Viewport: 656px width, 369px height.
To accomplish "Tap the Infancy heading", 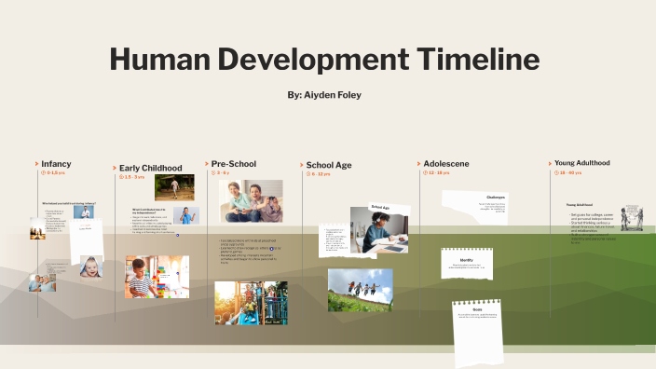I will tap(56, 164).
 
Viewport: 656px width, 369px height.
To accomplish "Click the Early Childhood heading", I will tap(151, 168).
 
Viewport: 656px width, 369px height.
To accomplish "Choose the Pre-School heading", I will tap(233, 164).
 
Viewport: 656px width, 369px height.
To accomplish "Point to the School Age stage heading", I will tap(329, 165).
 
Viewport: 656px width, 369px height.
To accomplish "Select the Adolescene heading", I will tap(446, 164).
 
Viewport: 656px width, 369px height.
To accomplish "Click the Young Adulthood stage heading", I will tap(581, 163).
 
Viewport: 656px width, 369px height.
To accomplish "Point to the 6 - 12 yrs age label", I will tap(321, 174).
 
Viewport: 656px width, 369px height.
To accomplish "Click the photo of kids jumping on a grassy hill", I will tap(360, 290).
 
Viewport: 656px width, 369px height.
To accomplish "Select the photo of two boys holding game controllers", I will tap(251, 200).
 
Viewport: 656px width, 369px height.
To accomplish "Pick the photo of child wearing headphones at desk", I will tap(378, 230).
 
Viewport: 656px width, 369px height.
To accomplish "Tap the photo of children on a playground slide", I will tap(250, 302).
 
